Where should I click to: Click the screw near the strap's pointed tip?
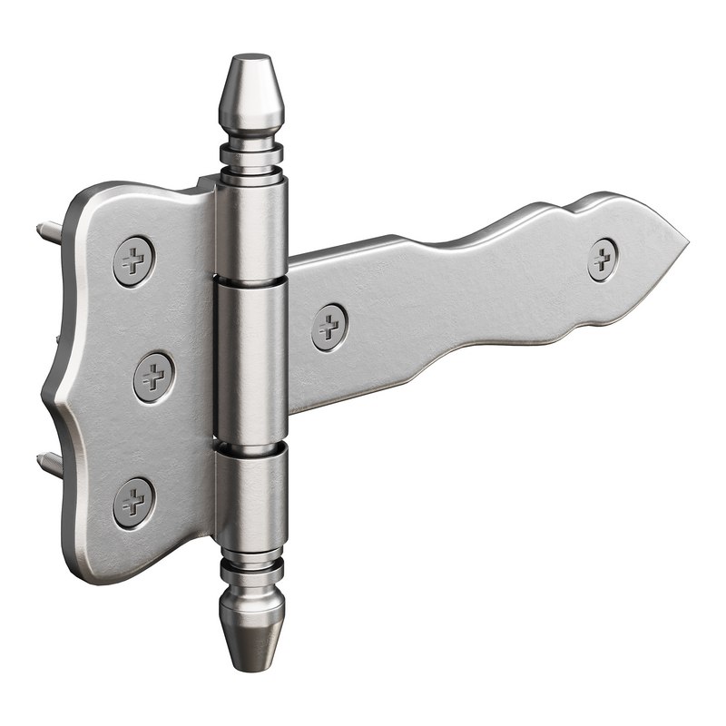pos(603,259)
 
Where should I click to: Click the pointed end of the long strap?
pos(685,243)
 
